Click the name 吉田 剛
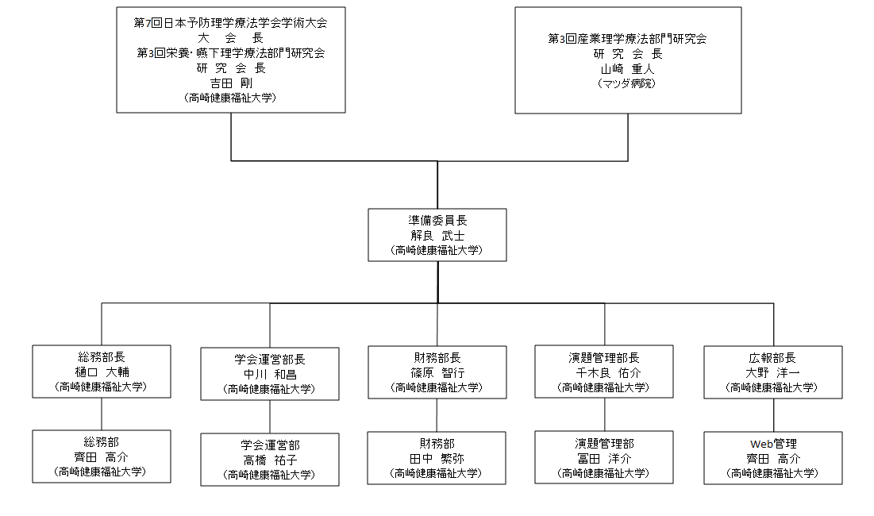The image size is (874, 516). coord(231,83)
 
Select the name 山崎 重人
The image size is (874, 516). coord(627,68)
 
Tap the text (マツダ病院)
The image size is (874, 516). coord(627,83)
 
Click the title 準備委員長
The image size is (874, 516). coord(437,221)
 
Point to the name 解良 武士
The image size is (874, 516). coord(437,236)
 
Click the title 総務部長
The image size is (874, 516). coord(102,357)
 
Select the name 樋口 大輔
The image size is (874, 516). coord(102,372)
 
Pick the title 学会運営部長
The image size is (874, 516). coord(270,360)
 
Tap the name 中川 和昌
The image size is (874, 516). coord(270,375)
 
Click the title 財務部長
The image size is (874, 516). coord(437,358)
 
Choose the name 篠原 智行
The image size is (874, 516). coord(437,373)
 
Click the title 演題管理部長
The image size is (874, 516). coord(604,358)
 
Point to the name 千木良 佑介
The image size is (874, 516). coord(608,373)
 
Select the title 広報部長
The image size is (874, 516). coord(772,358)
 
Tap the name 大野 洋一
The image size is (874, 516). coord(772,373)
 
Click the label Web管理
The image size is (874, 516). coord(773,444)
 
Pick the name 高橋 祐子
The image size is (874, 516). coord(270,460)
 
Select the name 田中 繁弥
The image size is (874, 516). coord(437,459)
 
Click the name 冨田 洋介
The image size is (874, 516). coord(604,459)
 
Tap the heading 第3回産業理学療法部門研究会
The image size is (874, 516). coord(628,38)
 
